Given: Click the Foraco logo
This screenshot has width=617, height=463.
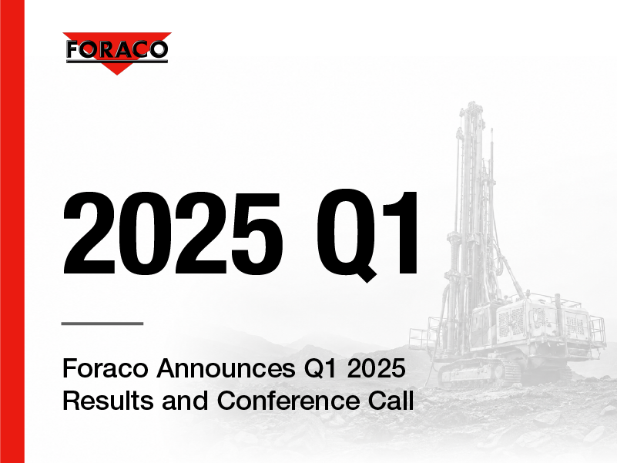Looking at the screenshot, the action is tap(117, 53).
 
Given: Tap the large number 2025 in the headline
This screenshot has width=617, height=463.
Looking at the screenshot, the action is tap(173, 233).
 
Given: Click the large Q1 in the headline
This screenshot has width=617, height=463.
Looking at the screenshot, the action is tap(368, 235).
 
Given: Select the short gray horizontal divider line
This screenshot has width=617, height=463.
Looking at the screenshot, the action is tap(102, 324).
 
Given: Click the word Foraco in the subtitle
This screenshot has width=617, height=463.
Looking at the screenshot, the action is tap(106, 368).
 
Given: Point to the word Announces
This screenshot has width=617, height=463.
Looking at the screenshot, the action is tap(226, 368).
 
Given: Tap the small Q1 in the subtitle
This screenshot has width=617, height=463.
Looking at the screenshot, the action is tap(321, 369).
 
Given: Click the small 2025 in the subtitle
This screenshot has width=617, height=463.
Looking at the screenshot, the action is tap(376, 368).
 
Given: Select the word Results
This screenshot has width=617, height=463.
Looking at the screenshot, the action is tap(108, 401).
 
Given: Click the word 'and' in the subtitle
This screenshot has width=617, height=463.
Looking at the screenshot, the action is tap(185, 401).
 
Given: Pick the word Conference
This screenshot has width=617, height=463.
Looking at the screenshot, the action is tap(288, 401).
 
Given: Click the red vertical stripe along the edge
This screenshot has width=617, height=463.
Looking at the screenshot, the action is tap(12, 231).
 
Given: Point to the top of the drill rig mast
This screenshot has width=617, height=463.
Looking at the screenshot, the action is tap(471, 104).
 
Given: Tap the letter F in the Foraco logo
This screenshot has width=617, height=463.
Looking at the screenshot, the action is tap(74, 50).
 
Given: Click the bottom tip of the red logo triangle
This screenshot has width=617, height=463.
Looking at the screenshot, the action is tap(117, 75).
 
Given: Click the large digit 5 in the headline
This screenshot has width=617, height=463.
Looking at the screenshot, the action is tap(257, 234).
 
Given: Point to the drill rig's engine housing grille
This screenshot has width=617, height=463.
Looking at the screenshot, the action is tap(511, 322).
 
